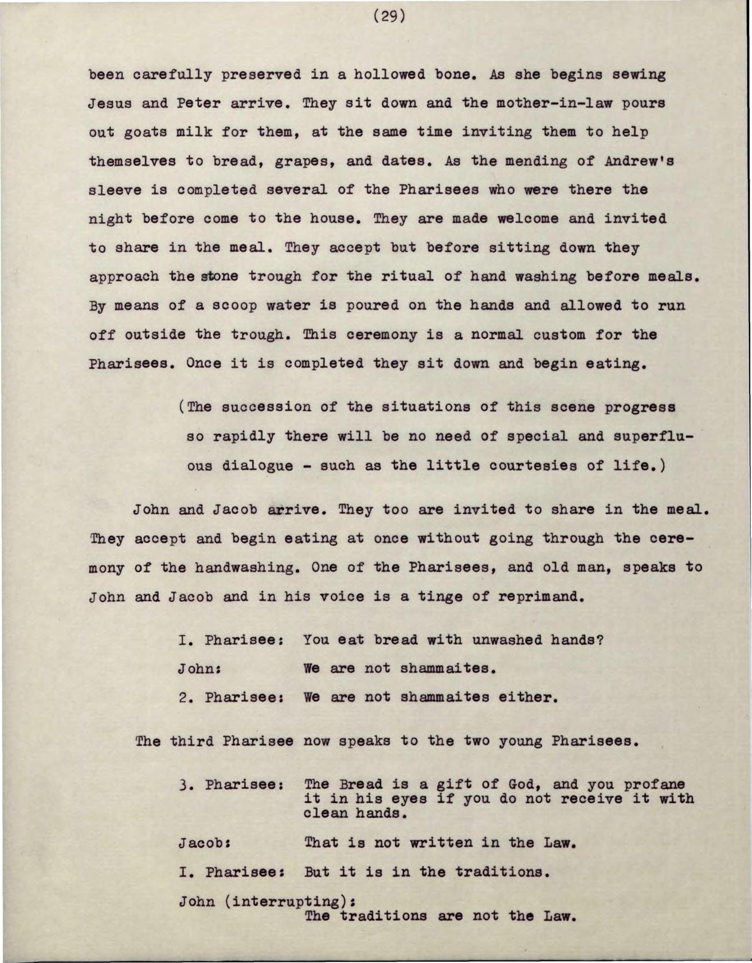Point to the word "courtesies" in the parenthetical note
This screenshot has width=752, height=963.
pos(523,465)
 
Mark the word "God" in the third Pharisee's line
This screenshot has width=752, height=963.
pos(521,784)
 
